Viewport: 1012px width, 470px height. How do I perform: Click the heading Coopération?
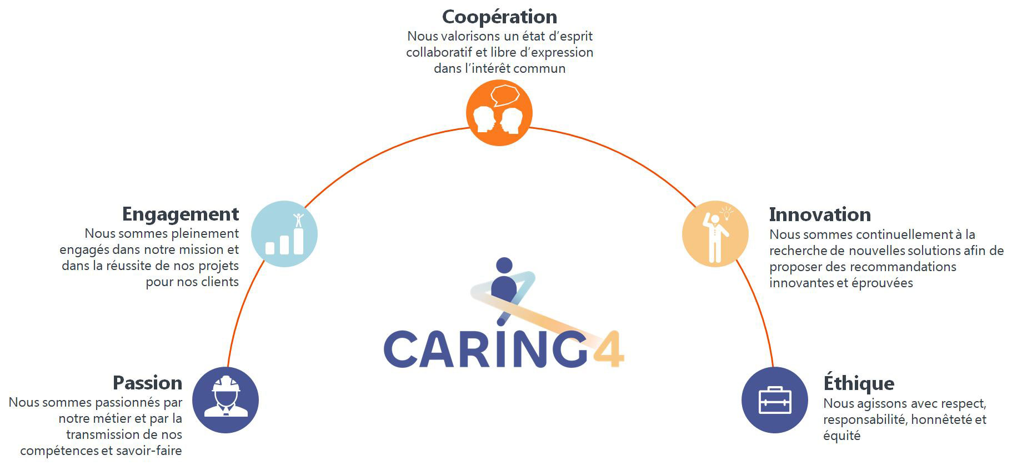pos(499,17)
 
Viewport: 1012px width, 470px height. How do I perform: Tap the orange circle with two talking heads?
pos(499,113)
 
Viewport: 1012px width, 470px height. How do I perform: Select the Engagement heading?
pos(181,214)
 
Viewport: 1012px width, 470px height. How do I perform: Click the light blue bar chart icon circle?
pos(284,234)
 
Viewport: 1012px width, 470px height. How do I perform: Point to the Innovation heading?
pos(820,214)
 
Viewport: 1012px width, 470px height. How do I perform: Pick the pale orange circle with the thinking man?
pos(715,234)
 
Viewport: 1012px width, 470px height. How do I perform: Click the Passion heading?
pos(147,383)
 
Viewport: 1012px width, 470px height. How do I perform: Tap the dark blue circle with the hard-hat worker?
pos(226,400)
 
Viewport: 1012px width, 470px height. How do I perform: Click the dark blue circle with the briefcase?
pos(775,400)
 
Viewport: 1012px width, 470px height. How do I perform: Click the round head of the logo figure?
pos(504,266)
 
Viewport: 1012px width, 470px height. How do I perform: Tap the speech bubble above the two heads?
pos(505,95)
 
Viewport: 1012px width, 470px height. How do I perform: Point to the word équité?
pos(841,436)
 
